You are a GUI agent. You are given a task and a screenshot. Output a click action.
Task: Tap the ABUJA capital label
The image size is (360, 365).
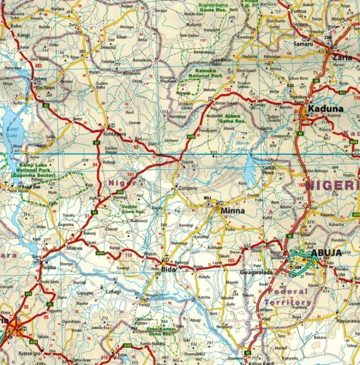pos(327,253)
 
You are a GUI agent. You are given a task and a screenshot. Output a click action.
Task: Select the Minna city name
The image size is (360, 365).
pos(232,211)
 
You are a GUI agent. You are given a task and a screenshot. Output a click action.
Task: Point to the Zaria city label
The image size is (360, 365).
pos(342,57)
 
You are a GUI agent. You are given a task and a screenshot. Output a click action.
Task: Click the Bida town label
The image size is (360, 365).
pos(168,269)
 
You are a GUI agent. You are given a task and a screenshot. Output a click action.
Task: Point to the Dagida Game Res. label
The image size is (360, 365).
pos(133,209)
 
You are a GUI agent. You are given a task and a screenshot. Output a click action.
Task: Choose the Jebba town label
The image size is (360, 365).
pos(49,267)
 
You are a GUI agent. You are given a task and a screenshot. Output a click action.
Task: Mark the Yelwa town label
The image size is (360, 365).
pos(40,79)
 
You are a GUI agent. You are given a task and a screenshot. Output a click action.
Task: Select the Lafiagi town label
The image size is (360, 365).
pos(113,292)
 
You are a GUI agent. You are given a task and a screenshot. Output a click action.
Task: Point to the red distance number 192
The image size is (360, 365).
pos(227,90)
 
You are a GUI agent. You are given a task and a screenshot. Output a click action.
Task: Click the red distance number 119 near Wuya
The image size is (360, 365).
pos(129,255)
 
